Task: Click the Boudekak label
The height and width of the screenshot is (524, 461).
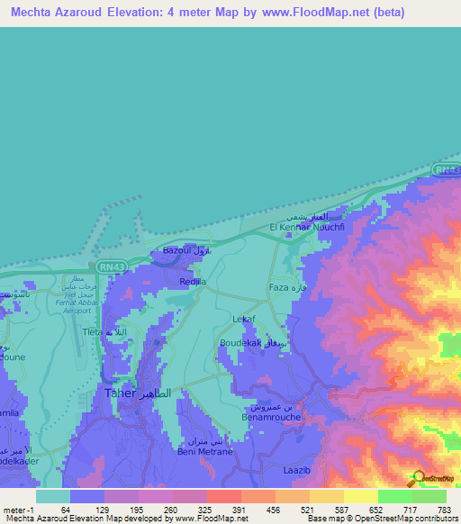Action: click(x=239, y=343)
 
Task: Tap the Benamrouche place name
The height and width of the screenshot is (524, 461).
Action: click(x=268, y=418)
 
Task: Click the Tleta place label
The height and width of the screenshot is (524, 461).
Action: click(x=94, y=331)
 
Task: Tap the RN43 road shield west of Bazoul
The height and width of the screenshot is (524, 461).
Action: click(x=109, y=267)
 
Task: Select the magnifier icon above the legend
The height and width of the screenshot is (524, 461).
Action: click(x=418, y=477)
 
